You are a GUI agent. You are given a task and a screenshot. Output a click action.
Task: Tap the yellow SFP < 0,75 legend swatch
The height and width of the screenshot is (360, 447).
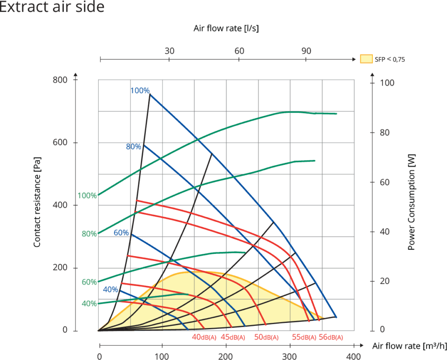[366, 59]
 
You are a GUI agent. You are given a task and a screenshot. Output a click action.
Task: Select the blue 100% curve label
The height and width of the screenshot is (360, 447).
[140, 91]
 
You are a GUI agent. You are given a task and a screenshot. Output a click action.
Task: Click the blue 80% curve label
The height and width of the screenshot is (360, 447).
[133, 147]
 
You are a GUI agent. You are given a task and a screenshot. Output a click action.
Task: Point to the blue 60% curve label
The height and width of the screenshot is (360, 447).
[121, 233]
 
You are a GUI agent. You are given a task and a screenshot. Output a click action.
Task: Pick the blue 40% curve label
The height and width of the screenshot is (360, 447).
[110, 289]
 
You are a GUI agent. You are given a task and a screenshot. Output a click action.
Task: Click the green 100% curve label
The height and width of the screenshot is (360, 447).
[87, 196]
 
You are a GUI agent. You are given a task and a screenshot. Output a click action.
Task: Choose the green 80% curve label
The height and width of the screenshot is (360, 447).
[89, 234]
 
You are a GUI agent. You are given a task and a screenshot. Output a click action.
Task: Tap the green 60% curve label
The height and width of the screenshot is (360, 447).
[89, 282]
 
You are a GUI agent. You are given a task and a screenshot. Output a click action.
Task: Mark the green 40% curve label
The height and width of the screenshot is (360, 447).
[89, 303]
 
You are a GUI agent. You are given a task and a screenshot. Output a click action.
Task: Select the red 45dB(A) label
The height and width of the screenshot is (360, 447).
[233, 337]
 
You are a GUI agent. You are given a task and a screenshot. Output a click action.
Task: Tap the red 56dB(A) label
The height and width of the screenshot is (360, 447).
[331, 337]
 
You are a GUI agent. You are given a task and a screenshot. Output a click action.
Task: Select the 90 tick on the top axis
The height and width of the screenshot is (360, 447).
[306, 51]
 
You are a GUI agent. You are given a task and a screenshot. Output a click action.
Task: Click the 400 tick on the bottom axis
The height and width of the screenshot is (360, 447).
[354, 356]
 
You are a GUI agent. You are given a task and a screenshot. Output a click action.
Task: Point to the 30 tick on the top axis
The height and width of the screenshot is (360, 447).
[169, 51]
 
